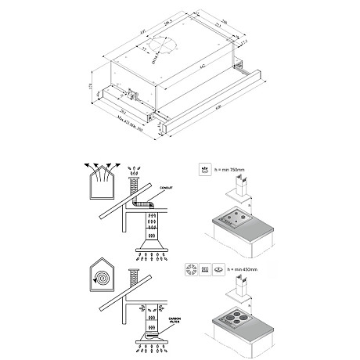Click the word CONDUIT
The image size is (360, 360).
pos(164,188)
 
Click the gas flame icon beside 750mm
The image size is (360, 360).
pos(205,168)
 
